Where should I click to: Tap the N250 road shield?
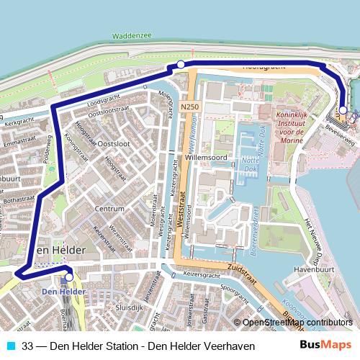click(189, 107)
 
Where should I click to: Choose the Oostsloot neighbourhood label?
click(113, 143)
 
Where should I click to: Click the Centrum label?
click(110, 209)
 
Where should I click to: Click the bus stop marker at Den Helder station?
click(69, 276)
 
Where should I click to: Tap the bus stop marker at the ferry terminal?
click(343, 110)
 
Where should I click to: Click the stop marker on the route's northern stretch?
click(181, 65)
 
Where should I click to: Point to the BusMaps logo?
click(325, 346)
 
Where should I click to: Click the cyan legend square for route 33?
click(11, 346)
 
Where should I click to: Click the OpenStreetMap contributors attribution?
click(296, 323)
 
